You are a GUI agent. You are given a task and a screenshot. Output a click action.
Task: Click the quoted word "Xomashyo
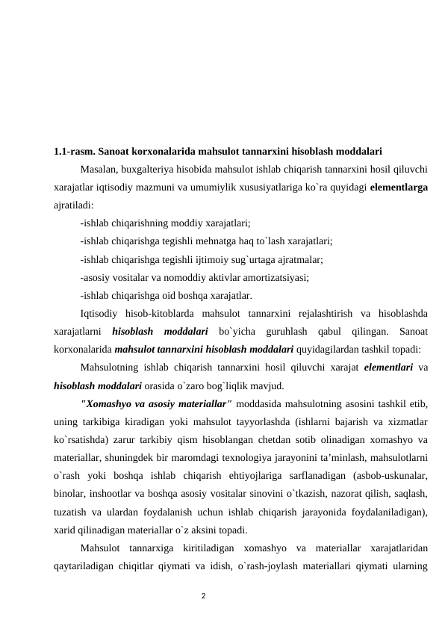pyautogui.click(x=105, y=404)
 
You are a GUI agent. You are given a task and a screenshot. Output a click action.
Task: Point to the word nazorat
pyautogui.click(x=340, y=493)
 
